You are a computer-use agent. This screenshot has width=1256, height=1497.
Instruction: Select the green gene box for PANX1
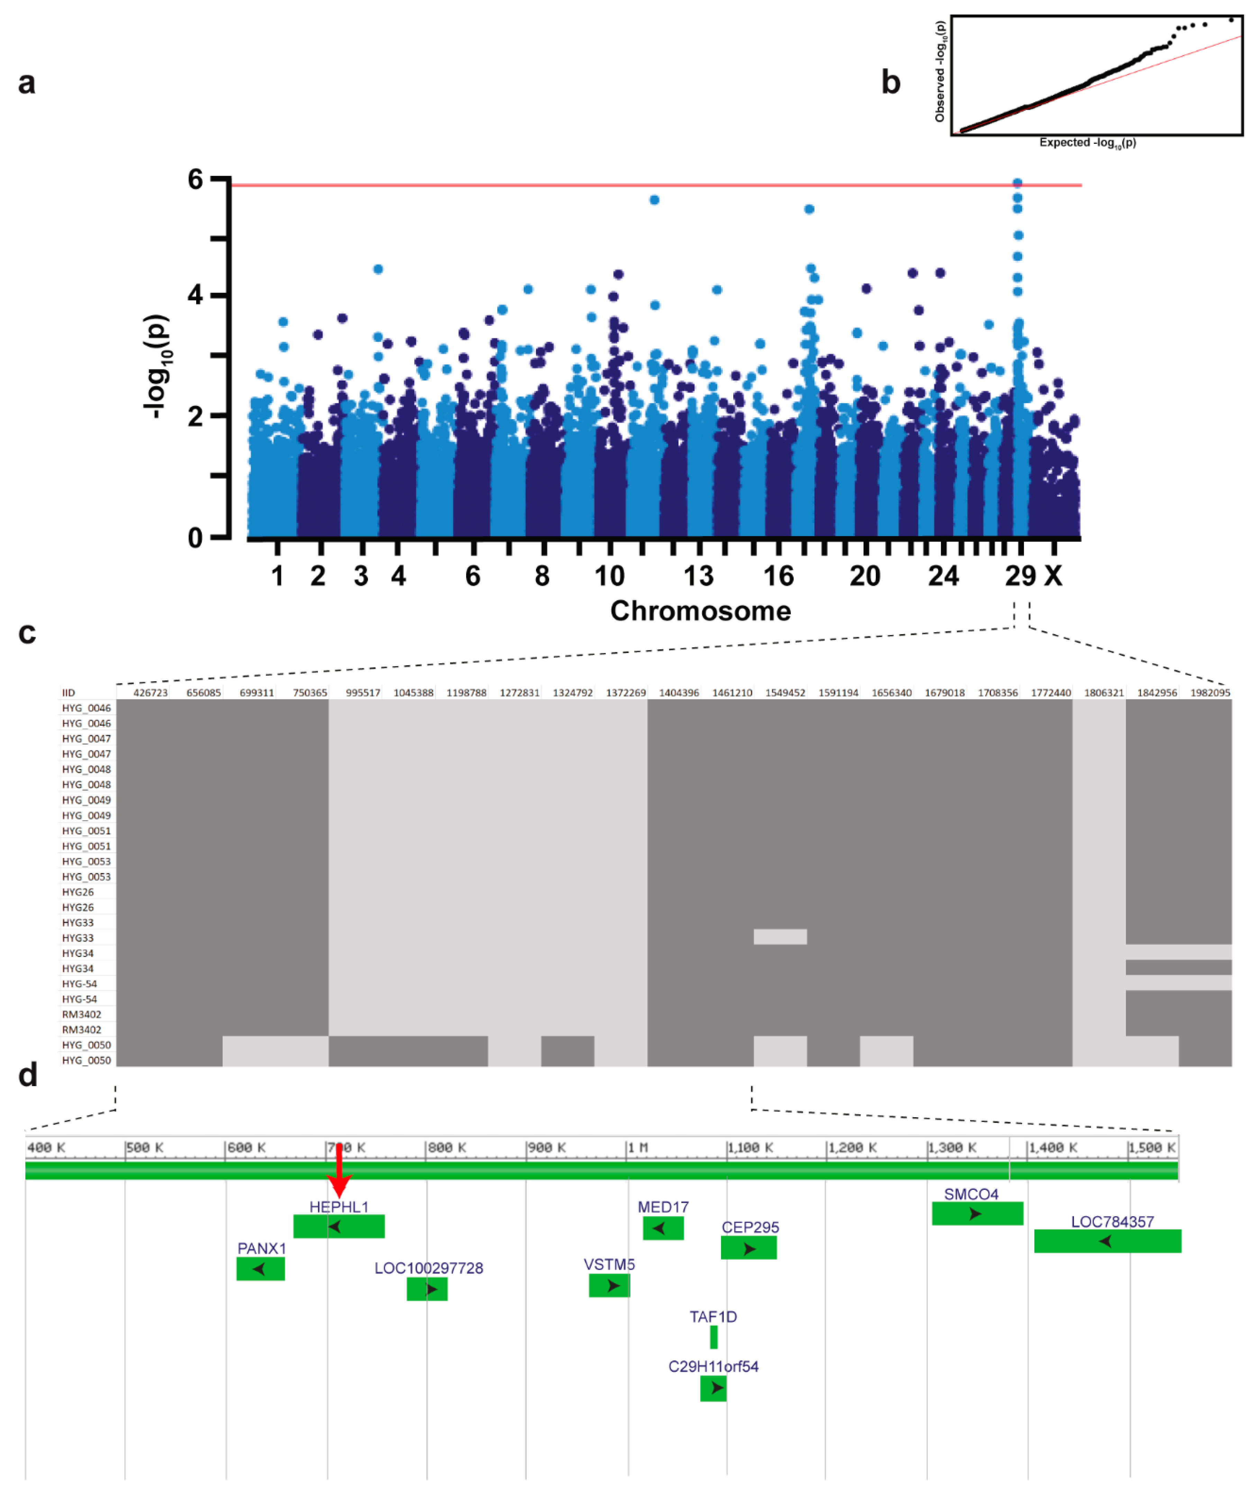(260, 1269)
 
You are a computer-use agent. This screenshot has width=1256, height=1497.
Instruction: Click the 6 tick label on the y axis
(195, 180)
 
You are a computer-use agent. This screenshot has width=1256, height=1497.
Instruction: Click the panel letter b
(890, 83)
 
